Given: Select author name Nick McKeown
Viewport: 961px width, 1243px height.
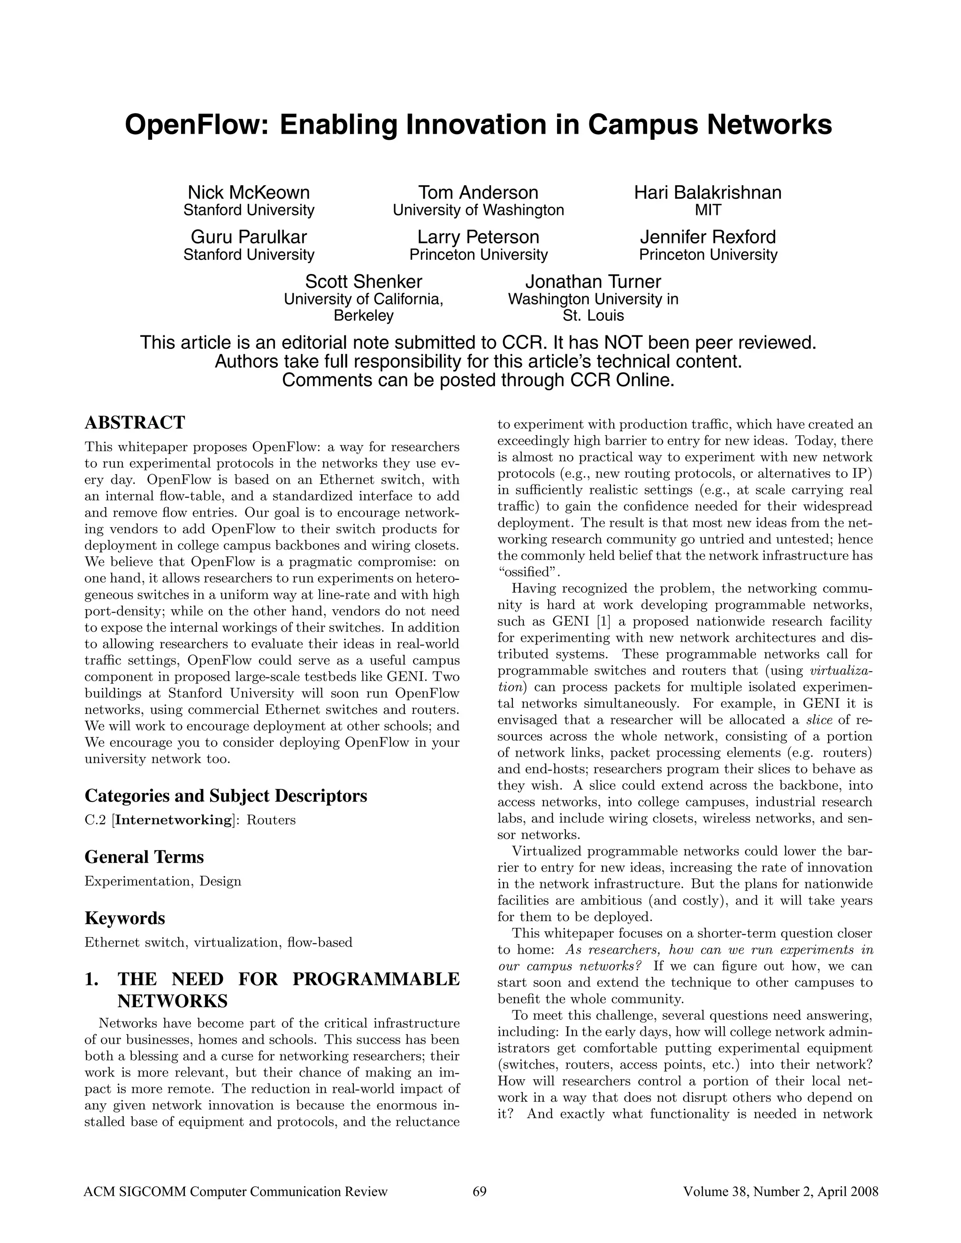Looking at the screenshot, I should (249, 192).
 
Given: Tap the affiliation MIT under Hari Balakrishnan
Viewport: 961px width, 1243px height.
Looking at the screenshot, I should (708, 210).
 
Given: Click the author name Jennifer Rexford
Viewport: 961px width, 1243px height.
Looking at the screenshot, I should (708, 237).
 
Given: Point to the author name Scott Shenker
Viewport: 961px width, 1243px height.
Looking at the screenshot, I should (364, 281).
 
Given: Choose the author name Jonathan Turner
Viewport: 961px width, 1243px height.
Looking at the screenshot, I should (593, 281).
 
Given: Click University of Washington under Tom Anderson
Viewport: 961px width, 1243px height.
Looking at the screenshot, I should (478, 210).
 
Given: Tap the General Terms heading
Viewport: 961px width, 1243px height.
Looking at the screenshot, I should (144, 856).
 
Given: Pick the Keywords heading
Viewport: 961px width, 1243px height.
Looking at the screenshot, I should (125, 918).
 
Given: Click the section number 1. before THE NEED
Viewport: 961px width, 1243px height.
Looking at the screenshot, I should (92, 979).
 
